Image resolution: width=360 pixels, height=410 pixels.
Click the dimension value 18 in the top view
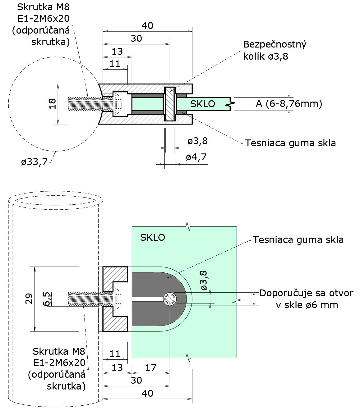pyautogui.click(x=53, y=104)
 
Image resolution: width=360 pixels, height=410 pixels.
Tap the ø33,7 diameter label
pyautogui.click(x=34, y=162)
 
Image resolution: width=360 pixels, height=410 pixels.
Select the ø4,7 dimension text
pyautogui.click(x=196, y=157)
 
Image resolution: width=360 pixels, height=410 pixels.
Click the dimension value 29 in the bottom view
pyautogui.click(x=29, y=299)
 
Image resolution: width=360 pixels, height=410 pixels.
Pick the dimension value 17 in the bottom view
pyautogui.click(x=151, y=367)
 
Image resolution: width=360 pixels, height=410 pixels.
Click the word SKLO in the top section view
pyautogui.click(x=203, y=104)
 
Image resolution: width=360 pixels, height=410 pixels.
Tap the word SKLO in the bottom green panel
pyautogui.click(x=153, y=237)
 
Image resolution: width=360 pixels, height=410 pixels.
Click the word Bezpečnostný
pyautogui.click(x=275, y=44)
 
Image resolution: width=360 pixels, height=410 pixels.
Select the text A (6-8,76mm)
pyautogui.click(x=289, y=104)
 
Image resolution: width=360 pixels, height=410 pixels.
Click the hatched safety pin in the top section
pyautogui.click(x=170, y=104)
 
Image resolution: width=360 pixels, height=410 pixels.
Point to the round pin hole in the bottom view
pyautogui.click(x=170, y=299)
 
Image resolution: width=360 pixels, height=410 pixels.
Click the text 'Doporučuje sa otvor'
pyautogui.click(x=306, y=293)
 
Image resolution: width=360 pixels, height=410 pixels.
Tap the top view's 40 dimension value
pyautogui.click(x=147, y=26)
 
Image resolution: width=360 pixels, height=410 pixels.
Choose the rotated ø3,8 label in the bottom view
pyautogui.click(x=204, y=280)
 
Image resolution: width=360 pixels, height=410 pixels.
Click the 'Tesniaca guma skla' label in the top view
pyautogui.click(x=290, y=143)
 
